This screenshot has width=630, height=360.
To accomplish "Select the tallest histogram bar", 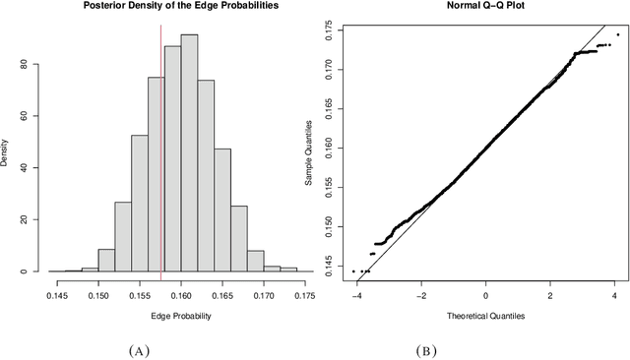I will coord(189,152).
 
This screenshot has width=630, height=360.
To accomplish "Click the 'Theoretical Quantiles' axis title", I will coord(485,316).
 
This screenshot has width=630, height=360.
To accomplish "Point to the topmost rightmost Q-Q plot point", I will coord(617,34).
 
